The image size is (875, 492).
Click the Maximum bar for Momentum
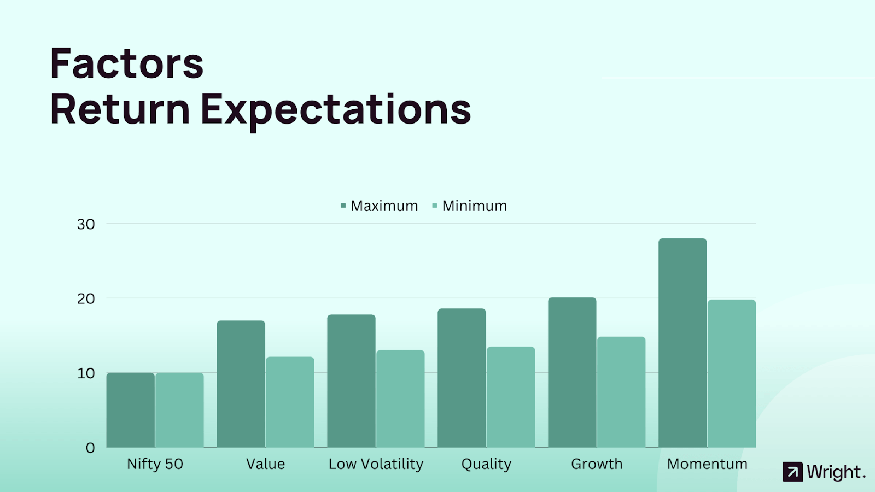click(x=682, y=343)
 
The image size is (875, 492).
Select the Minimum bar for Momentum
click(x=732, y=374)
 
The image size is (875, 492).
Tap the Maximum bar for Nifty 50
click(x=131, y=410)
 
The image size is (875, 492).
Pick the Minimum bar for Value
click(x=290, y=402)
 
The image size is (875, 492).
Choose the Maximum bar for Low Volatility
click(x=351, y=381)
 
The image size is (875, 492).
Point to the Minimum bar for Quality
click(x=511, y=397)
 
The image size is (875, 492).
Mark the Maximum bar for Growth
click(x=572, y=372)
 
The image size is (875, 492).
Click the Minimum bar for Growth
click(x=621, y=392)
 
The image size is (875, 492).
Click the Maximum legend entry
click(x=380, y=206)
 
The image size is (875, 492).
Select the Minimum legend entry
click(x=470, y=206)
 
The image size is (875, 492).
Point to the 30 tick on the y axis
click(x=86, y=224)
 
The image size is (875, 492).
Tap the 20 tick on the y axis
click(x=86, y=298)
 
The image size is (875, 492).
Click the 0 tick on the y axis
click(x=90, y=448)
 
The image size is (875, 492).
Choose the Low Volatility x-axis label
click(x=376, y=464)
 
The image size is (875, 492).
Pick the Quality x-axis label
click(x=486, y=464)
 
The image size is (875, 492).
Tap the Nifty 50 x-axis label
click(x=155, y=464)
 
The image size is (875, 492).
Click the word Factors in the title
click(x=127, y=63)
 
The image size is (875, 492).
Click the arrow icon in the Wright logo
click(x=793, y=472)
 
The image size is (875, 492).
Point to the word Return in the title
click(x=120, y=109)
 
